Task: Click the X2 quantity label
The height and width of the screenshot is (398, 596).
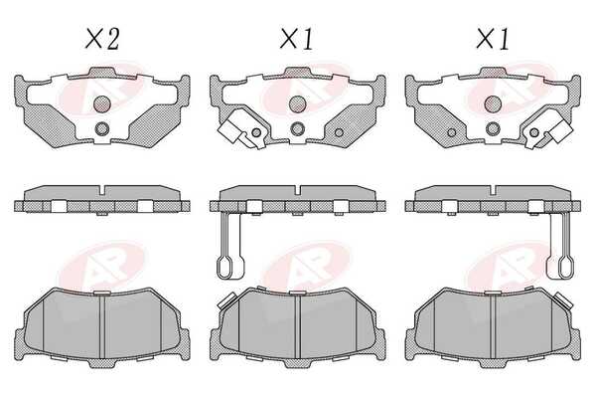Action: pos(102,39)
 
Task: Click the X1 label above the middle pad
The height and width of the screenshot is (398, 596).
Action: pos(296,39)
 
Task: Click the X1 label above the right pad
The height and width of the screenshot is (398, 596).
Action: pos(493,39)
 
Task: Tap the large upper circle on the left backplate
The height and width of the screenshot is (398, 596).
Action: pos(102,103)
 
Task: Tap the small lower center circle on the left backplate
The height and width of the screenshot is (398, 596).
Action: pos(102,129)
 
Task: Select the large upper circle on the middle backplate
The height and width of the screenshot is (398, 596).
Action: pos(297,103)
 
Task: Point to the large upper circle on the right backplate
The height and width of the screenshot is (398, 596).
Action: pos(493,103)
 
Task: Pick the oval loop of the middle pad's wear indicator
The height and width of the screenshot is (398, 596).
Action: pos(230,267)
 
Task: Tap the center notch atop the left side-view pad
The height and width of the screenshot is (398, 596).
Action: pos(102,190)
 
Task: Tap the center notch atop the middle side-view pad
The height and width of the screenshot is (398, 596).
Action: pos(298,190)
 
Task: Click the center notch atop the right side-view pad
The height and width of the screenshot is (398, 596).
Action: pos(494,190)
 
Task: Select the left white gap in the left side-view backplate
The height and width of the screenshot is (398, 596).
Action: pos(59,206)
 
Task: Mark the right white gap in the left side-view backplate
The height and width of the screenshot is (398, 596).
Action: pos(146,206)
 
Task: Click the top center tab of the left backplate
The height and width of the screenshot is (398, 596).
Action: pos(102,72)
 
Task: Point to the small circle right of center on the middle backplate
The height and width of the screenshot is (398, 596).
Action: pos(339,133)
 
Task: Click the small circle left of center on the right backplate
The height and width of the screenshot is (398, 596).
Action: pos(452,133)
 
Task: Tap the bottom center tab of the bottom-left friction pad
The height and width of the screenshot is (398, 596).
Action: pos(102,363)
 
